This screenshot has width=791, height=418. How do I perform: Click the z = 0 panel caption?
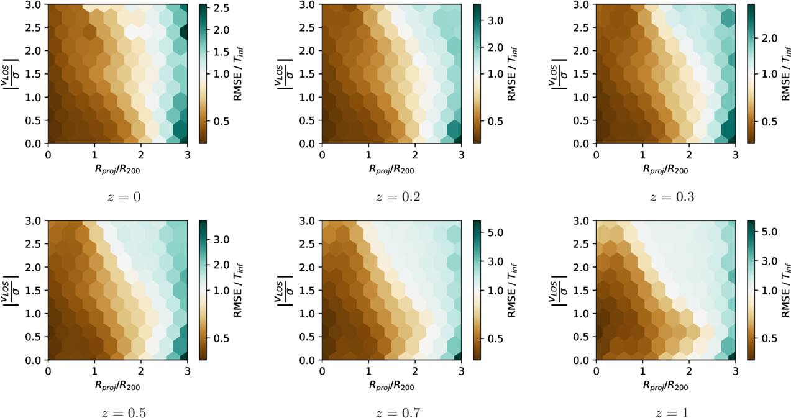[x=124, y=197]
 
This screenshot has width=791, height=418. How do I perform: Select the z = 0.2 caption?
[x=398, y=197]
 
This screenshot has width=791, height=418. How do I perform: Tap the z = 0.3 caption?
[x=672, y=197]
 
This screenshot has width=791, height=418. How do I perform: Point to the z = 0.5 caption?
[x=124, y=412]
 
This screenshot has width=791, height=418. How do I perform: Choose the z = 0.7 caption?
[x=398, y=412]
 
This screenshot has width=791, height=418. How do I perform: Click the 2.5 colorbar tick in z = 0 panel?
[x=221, y=8]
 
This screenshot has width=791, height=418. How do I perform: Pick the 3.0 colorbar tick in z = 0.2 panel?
[x=495, y=20]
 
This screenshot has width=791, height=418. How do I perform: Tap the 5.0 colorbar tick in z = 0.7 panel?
[x=495, y=232]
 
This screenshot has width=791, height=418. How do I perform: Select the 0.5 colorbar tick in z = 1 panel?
[x=769, y=338]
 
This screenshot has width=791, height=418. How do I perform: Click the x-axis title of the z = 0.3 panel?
[x=665, y=170]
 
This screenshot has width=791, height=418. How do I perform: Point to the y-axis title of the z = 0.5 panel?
[x=11, y=290]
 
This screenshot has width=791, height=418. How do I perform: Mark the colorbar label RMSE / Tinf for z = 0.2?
[x=512, y=74]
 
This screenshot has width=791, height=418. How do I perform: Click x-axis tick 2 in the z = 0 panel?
[x=141, y=155]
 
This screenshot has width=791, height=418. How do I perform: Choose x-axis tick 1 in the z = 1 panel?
[x=642, y=371]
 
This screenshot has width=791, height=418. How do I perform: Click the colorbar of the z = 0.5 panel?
[x=203, y=290]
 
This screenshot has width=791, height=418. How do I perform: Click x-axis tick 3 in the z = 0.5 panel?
[x=188, y=371]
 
